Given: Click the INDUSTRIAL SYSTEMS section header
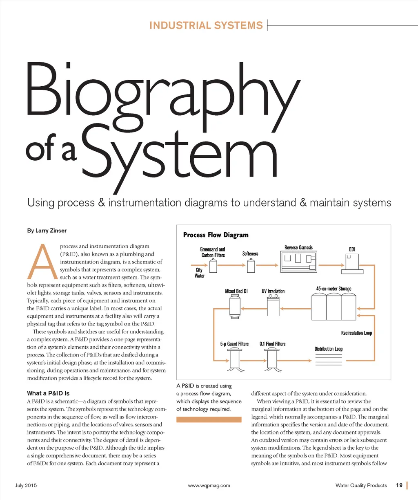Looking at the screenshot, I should (x=206, y=25).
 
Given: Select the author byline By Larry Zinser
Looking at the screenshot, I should (x=47, y=231).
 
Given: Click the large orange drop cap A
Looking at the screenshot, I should (x=42, y=262).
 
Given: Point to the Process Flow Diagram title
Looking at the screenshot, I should (x=216, y=235).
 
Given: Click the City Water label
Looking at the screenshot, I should (x=199, y=273).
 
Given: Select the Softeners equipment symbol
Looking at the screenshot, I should (x=251, y=267).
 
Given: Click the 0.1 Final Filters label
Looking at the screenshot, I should (x=273, y=344).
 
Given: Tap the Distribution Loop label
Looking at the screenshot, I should (x=328, y=349).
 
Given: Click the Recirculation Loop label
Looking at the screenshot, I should (x=356, y=333).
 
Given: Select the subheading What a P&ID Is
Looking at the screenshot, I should (x=48, y=393).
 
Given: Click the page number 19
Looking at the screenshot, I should (x=399, y=485).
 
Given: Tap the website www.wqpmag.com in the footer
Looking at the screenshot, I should (x=209, y=486).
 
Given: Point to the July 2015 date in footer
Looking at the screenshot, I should (x=26, y=486).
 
